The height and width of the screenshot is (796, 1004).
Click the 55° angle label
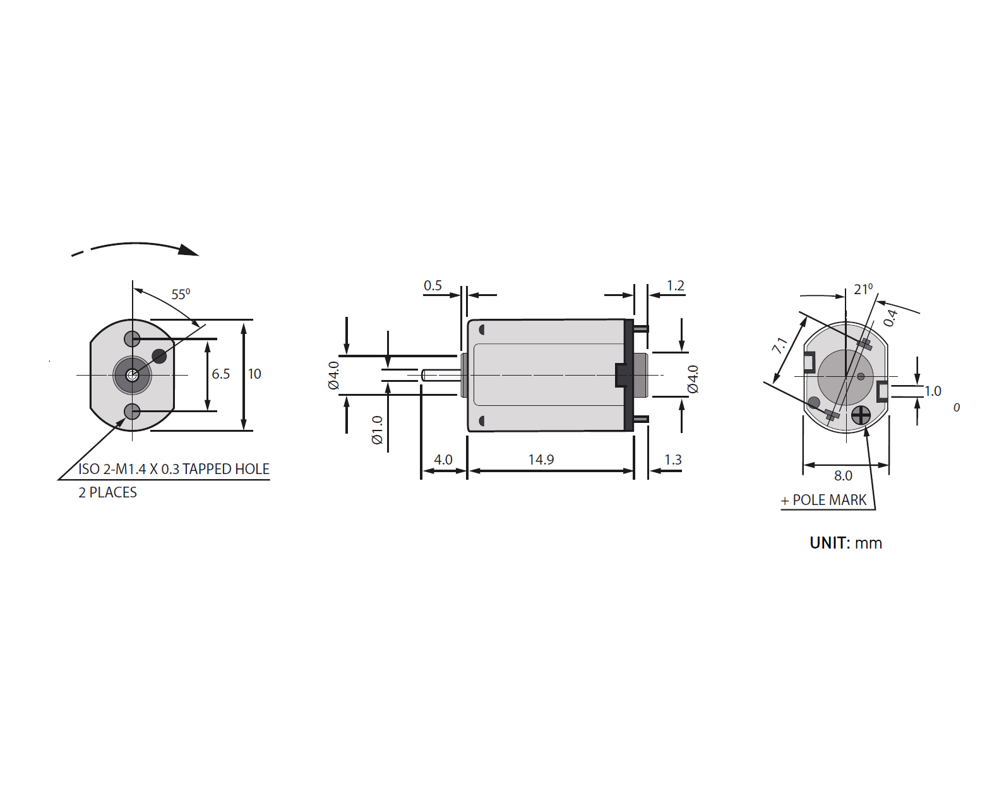point(181,294)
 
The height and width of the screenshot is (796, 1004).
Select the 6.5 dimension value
point(220,374)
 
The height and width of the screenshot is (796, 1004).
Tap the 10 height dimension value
point(254,374)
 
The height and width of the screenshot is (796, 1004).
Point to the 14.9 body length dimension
point(541,460)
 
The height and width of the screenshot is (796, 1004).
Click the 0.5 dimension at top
point(433,285)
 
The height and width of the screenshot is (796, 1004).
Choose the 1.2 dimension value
point(675,285)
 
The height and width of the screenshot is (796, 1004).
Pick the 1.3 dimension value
point(672,460)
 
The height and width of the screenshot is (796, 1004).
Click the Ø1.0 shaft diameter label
point(377,429)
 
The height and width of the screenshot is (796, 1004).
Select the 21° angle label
point(863,289)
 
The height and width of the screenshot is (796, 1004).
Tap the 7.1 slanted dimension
point(780,345)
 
